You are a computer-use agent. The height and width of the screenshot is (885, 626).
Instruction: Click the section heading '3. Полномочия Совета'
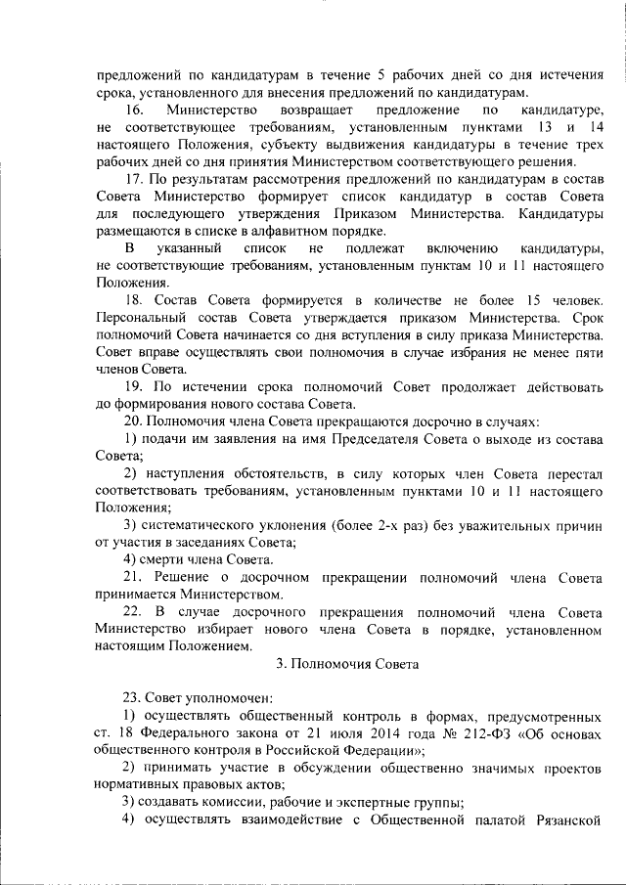[347, 665]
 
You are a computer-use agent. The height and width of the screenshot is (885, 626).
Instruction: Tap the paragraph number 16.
[134, 111]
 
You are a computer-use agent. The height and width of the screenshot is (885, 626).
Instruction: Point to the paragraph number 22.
[134, 612]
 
